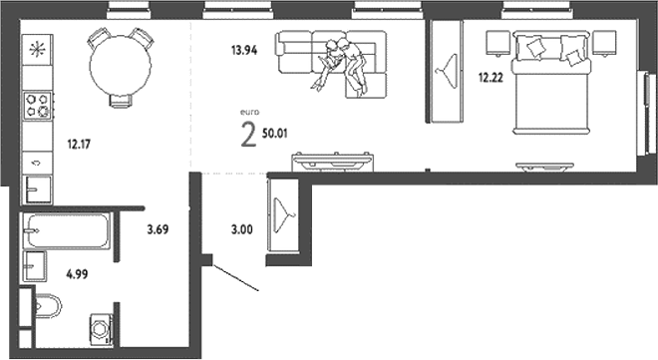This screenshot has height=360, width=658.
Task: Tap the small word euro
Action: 250,113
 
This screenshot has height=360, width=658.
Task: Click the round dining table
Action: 121,64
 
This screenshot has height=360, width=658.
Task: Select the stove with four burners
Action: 38,104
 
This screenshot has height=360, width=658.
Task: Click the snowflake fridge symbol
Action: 38,49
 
